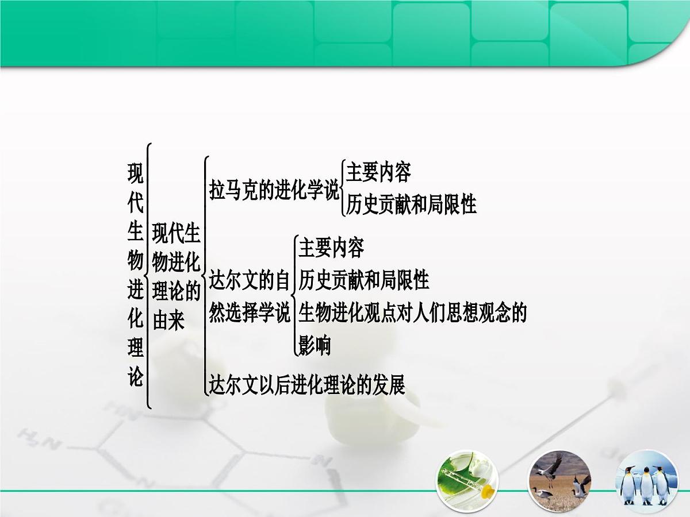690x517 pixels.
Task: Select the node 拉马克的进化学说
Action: pos(274,190)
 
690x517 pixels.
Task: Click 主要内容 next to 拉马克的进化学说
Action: pos(378,172)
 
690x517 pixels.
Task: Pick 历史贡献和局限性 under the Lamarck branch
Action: pos(411,205)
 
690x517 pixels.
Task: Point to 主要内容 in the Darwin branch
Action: pos(331,248)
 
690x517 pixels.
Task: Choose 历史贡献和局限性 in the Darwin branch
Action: pos(364,280)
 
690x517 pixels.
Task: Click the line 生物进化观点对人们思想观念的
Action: pos(412,313)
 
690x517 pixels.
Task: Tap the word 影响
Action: pos(315,346)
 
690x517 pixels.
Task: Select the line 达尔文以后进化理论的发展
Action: pos(307,384)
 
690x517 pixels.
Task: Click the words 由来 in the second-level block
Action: pos(168,321)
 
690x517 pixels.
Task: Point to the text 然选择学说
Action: pos(250,314)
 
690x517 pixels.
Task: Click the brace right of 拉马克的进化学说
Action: pos(343,188)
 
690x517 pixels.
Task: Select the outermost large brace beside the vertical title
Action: pos(149,276)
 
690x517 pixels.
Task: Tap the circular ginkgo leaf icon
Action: pos(467,481)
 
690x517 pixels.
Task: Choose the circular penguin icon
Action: pos(647,481)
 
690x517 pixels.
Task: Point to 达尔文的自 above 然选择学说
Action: pos(250,281)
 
